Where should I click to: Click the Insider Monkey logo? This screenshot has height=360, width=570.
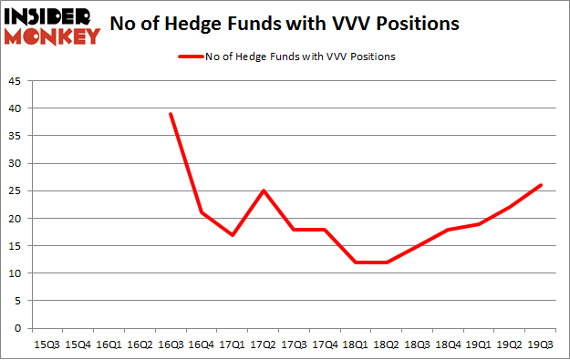(x=51, y=26)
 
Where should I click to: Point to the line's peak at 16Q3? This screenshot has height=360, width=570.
(x=171, y=114)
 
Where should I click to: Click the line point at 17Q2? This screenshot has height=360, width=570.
(x=264, y=190)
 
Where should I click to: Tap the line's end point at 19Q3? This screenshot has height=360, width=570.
(x=541, y=185)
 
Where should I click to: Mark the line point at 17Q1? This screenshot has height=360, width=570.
(x=233, y=235)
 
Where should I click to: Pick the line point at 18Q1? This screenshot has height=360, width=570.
(x=356, y=262)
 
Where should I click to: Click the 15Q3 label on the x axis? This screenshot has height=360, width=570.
(x=47, y=345)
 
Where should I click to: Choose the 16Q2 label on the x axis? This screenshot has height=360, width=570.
(x=140, y=345)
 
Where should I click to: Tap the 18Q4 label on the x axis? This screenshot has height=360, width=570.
(x=448, y=345)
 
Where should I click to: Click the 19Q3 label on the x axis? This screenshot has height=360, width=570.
(x=541, y=345)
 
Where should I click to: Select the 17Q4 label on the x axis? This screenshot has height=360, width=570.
(x=325, y=345)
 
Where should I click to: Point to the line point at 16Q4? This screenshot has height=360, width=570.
(x=202, y=213)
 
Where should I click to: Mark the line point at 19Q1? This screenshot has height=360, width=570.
(x=479, y=224)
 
